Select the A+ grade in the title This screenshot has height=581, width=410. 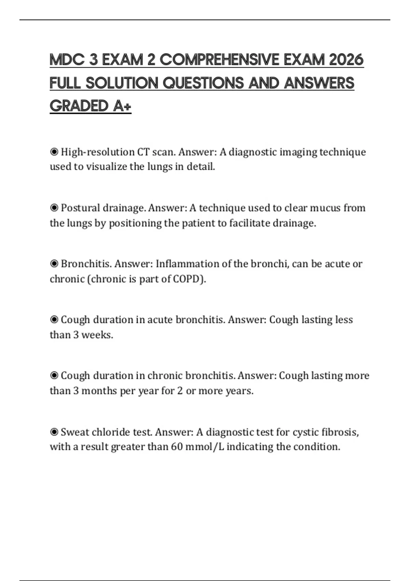coord(122,106)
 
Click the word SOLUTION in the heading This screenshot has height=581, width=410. coord(122,83)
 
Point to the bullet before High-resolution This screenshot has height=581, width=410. coord(54,152)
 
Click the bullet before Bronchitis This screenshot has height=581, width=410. coord(54,264)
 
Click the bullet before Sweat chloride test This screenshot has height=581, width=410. coord(54,432)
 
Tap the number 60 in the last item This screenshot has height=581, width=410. coord(177,447)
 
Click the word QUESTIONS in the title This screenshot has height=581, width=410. coord(204,83)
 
